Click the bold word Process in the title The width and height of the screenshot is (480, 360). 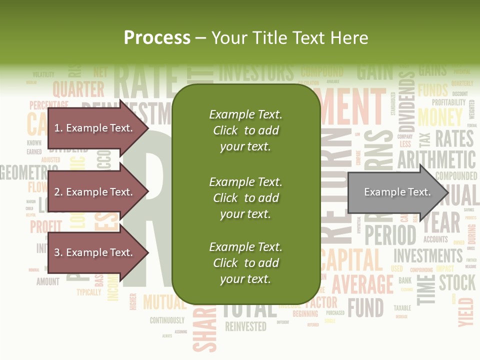157,38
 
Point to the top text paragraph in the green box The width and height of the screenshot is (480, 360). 245,130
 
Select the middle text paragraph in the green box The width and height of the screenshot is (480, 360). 245,198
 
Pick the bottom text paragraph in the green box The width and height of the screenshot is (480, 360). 245,263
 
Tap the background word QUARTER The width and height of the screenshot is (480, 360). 78,89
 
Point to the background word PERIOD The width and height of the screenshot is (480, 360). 390,234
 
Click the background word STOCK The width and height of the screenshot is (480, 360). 457,282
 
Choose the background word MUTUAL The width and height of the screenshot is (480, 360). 164,302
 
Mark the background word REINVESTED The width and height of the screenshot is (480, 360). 245,327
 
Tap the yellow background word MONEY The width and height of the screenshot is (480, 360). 440,117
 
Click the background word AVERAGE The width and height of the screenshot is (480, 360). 362,284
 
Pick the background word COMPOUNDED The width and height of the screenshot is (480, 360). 456,176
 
